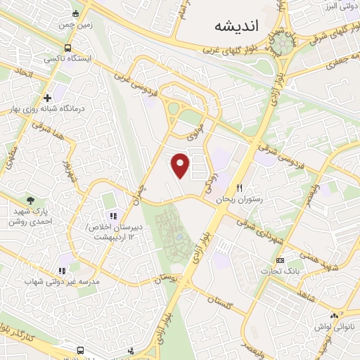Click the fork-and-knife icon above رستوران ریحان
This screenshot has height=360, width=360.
pyautogui.click(x=240, y=188)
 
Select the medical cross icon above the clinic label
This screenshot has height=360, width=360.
pyautogui.click(x=47, y=97)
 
